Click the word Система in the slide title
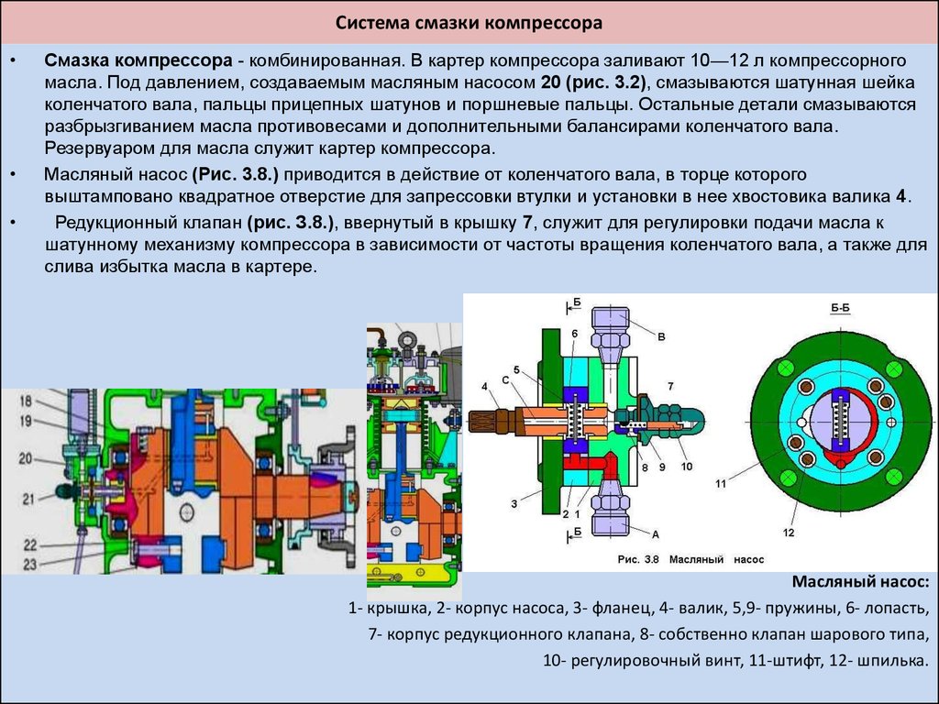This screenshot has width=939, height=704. (x=370, y=23)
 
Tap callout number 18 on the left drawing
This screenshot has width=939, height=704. (x=26, y=401)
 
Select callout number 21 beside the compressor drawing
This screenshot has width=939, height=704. (x=28, y=498)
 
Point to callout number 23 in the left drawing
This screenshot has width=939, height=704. (x=30, y=564)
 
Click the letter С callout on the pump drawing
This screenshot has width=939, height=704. (x=505, y=380)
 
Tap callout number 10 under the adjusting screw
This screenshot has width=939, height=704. (x=686, y=467)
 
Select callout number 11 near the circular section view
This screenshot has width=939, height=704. (x=721, y=483)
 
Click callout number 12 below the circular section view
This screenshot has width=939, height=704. (x=788, y=533)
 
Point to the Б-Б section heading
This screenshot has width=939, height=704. (x=840, y=308)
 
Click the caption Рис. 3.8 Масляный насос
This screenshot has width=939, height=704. (x=690, y=560)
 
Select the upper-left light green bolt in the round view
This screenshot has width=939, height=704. (x=785, y=368)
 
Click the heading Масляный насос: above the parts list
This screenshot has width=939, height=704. (x=860, y=581)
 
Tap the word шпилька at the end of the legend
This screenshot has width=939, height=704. (x=892, y=661)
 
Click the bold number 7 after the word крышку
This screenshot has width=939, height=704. (x=527, y=223)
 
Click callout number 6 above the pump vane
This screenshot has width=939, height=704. (x=574, y=334)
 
